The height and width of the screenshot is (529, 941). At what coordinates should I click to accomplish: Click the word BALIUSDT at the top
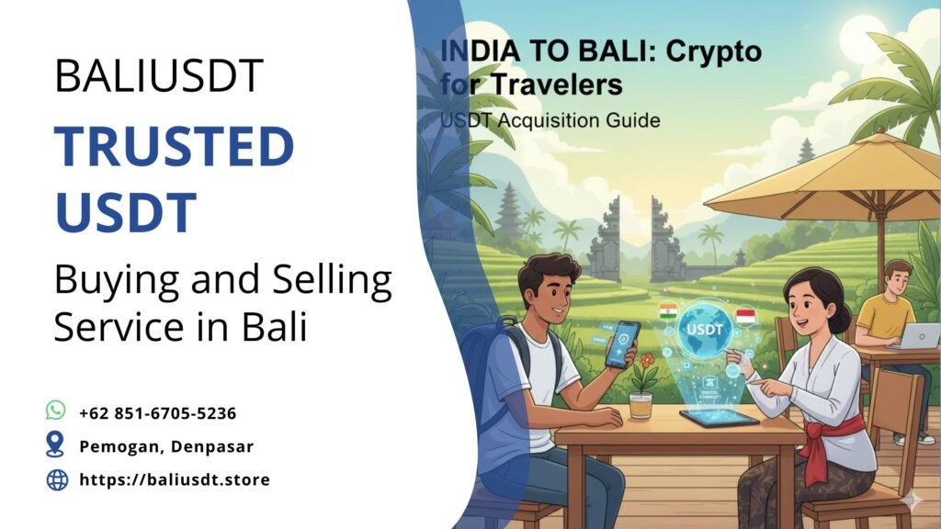159,75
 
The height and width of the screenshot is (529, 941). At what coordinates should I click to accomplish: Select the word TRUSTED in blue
174,146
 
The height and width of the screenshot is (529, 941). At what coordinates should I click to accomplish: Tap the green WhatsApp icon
56,411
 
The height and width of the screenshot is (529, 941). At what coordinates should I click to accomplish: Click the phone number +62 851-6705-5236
158,413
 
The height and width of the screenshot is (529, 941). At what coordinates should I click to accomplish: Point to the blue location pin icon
56,445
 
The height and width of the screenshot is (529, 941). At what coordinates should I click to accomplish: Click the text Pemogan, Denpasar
166,446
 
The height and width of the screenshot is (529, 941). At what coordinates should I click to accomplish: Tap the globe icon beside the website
57,478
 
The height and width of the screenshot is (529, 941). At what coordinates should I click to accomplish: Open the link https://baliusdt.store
175,479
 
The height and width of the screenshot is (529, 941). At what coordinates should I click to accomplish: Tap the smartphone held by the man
623,343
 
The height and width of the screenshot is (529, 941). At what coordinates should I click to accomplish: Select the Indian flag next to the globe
668,312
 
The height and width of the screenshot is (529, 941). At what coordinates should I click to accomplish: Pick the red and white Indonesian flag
745,317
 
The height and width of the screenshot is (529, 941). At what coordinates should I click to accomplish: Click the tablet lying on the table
719,418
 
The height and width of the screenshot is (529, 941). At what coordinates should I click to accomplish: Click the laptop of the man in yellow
919,336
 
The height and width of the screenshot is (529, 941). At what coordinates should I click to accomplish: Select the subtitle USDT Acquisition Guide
550,119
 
